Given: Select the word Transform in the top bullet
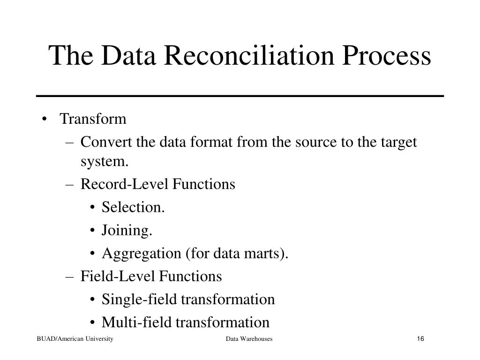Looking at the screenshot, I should pos(93,119).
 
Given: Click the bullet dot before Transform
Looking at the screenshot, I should pos(44,119).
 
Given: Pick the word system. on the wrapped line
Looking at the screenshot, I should pos(104,162).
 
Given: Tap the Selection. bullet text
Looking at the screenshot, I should pos(133,208).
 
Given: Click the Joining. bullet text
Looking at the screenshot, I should pos(127,231).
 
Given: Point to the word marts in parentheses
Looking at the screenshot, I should pos(267,254).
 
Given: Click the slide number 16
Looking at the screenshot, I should pos(420,339).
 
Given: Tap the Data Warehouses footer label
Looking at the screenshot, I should pos(249,339).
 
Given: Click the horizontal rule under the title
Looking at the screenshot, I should pos(240,96).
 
